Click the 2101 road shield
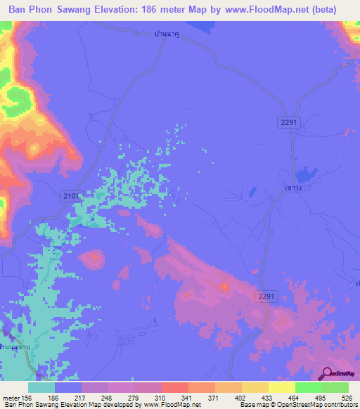(x=72, y=195)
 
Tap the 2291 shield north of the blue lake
(x=288, y=122)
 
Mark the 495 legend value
(x=321, y=397)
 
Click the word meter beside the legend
(x=10, y=397)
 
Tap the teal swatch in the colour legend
(x=41, y=387)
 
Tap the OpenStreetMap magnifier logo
(x=327, y=374)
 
